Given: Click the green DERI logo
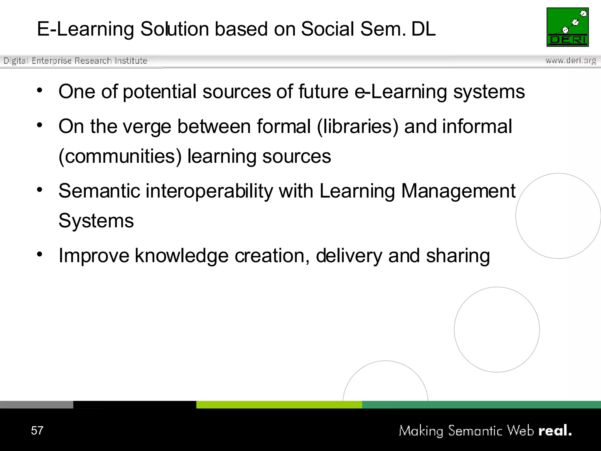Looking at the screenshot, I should [x=568, y=27].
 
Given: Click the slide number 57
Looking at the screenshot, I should [x=37, y=430].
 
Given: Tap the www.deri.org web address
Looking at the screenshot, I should [x=571, y=60].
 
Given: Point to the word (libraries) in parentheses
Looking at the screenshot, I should [x=358, y=127].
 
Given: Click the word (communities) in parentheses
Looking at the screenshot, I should [x=120, y=156].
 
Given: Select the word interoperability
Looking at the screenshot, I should [x=209, y=191].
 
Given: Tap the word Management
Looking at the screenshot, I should [x=458, y=191].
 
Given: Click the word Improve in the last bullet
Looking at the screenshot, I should [x=94, y=256].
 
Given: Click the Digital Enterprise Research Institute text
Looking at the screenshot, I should [x=75, y=61].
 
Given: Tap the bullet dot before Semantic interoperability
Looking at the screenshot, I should [x=40, y=190].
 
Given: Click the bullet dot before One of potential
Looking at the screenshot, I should [x=40, y=90].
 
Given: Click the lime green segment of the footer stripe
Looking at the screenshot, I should [x=279, y=405].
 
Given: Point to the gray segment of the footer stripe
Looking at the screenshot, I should [x=36, y=405].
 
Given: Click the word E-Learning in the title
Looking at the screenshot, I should [x=85, y=29].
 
